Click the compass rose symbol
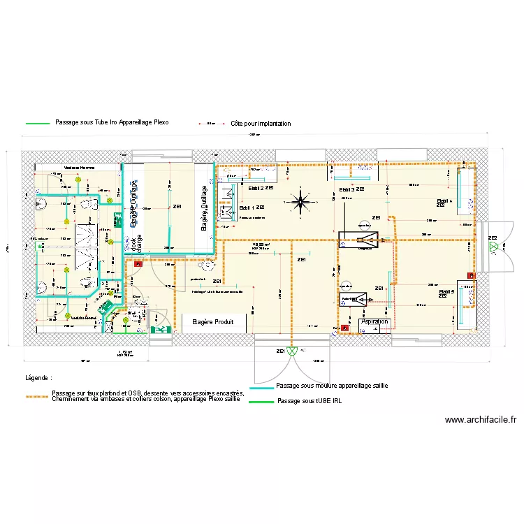300,203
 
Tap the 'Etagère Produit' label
212,323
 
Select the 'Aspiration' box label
374,322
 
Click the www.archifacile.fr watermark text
480,420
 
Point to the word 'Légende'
38,377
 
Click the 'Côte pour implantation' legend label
261,124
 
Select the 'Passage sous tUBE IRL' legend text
310,402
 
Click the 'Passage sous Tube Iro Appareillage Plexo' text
112,122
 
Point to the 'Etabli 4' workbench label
444,203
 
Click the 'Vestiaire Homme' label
80,168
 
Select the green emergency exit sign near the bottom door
161,329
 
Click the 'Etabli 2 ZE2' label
260,189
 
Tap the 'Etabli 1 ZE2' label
252,208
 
